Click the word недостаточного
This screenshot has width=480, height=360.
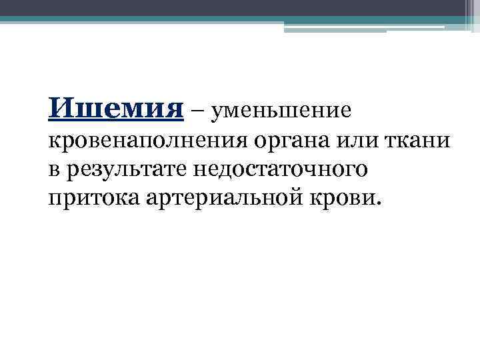click(x=280, y=170)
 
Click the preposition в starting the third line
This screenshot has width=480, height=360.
click(x=53, y=169)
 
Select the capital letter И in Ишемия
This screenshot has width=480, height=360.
click(x=59, y=107)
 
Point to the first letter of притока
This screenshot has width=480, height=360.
click(x=54, y=198)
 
